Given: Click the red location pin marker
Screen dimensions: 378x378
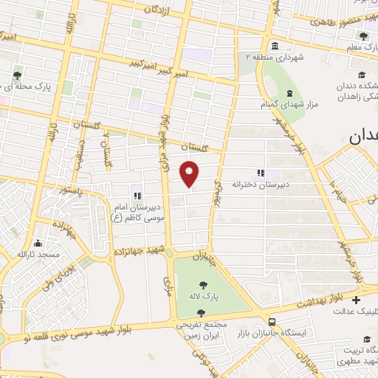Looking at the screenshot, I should point(190,173).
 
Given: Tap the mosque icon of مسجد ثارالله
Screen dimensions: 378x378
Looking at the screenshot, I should point(34,243).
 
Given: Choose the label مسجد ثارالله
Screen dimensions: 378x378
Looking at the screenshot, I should point(34,254).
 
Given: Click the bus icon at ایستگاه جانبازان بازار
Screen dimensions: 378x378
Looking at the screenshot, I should point(272,322).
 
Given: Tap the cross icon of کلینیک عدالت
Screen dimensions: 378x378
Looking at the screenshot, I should point(357,300).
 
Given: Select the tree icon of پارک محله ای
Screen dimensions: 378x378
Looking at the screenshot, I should point(17,75).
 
